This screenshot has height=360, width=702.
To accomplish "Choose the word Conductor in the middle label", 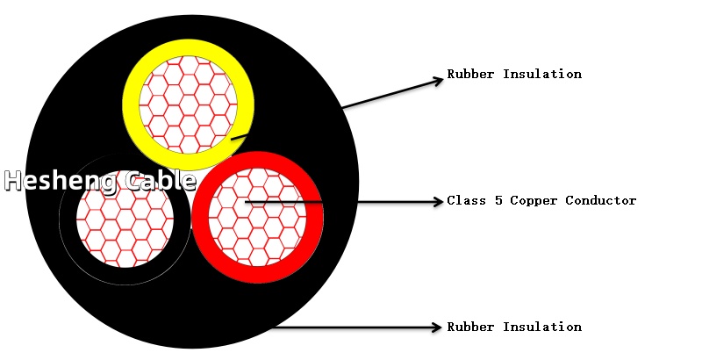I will (601, 200).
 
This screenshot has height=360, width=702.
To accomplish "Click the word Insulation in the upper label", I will (542, 74).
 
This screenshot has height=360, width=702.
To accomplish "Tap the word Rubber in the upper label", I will (471, 74).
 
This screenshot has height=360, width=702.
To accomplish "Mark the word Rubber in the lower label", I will (471, 327).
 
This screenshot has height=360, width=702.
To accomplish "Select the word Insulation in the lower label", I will (542, 327).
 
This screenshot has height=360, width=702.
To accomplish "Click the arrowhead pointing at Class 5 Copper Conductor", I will (438, 201).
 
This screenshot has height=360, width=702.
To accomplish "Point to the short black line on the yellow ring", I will (239, 137).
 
